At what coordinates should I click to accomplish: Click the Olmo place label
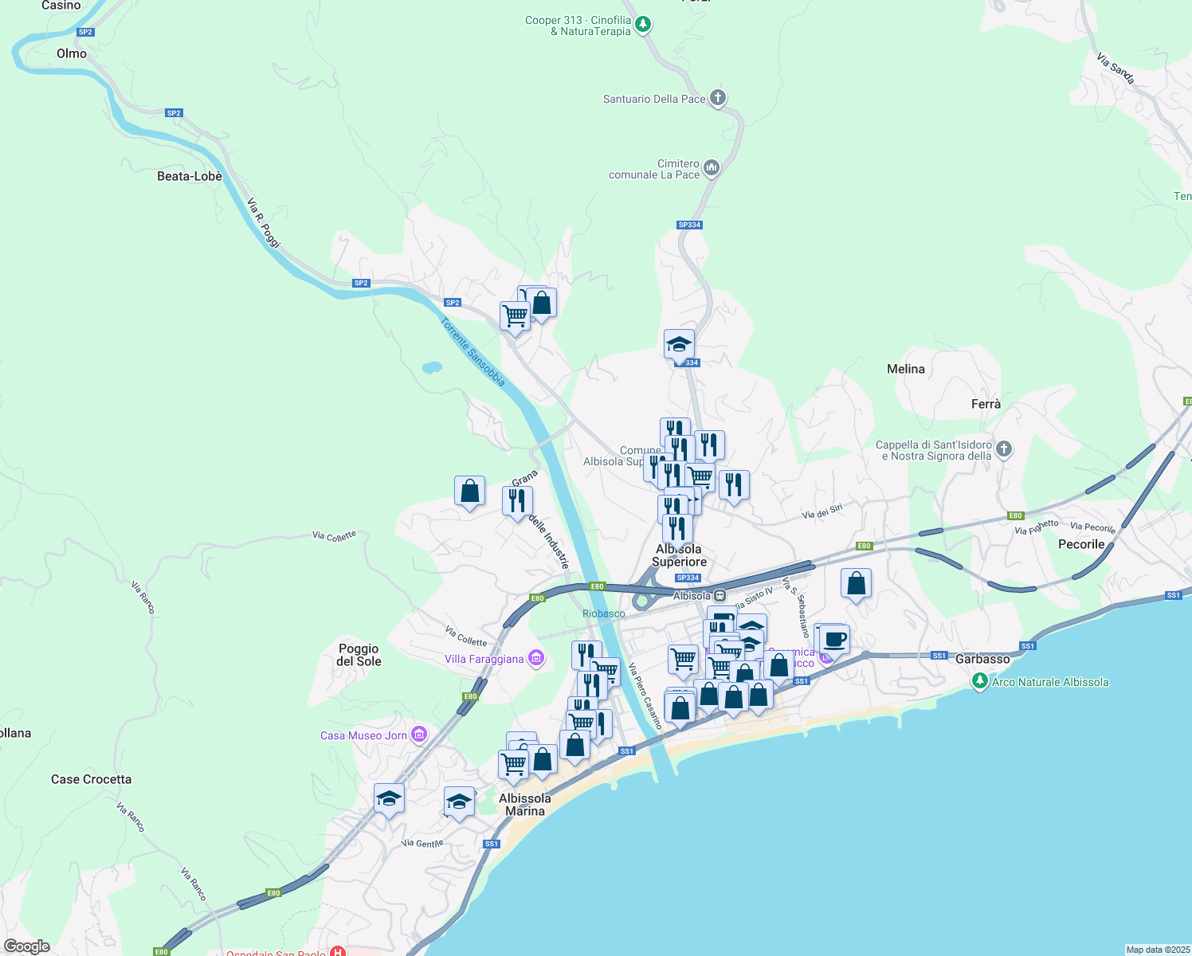coord(72,53)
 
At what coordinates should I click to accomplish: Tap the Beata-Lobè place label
coord(190,176)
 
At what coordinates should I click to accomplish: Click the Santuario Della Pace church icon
coord(718,98)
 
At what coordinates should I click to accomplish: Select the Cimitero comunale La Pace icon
coord(712,168)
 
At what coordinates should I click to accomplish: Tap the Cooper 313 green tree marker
coord(643,25)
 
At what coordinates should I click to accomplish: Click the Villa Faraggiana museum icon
coord(536,658)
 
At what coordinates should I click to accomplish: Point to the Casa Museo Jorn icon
coord(419,735)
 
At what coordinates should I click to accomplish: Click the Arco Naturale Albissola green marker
coord(980,681)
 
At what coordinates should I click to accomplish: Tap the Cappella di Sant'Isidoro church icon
coord(1004,449)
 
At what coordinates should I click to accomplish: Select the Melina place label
coord(906,369)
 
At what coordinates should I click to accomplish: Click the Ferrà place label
coord(986,404)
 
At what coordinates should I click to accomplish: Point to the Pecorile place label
coord(1081,544)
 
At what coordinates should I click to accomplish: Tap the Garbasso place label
coord(982,659)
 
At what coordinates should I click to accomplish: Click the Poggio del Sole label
coord(359,655)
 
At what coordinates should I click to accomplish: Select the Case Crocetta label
coord(91,779)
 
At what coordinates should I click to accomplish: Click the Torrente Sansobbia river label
coord(472,352)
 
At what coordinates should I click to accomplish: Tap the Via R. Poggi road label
coord(264,223)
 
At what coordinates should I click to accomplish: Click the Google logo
coord(26,946)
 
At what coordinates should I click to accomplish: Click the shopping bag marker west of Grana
coord(469,492)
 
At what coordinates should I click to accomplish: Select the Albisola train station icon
coord(720,595)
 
